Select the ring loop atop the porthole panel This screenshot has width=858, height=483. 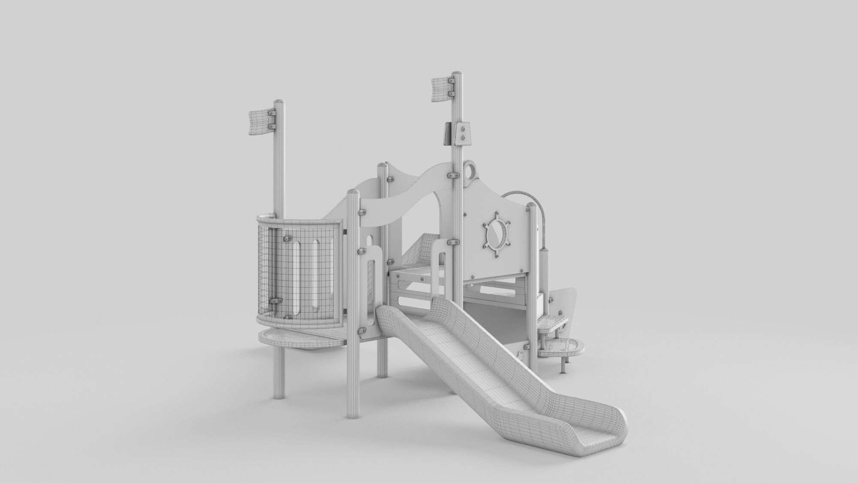471,170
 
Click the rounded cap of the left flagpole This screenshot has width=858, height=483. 279,102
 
